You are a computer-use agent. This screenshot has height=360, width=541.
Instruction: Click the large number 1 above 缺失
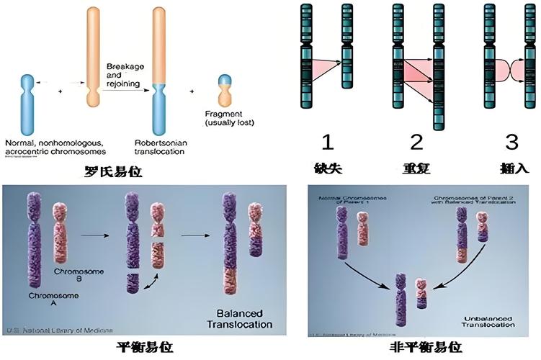(328, 141)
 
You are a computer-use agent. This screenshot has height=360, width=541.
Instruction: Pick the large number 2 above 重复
(418, 141)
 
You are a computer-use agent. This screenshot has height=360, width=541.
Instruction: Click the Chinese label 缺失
(328, 168)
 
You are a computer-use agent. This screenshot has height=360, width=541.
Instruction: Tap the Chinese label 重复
(418, 168)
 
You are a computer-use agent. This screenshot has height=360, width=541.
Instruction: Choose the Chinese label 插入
(513, 168)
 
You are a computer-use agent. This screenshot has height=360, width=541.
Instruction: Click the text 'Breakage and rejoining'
(127, 74)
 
